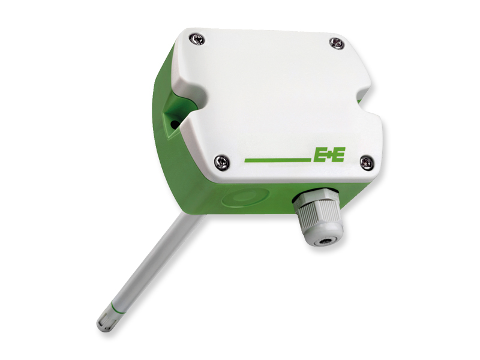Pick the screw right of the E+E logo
pyautogui.click(x=366, y=161)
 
